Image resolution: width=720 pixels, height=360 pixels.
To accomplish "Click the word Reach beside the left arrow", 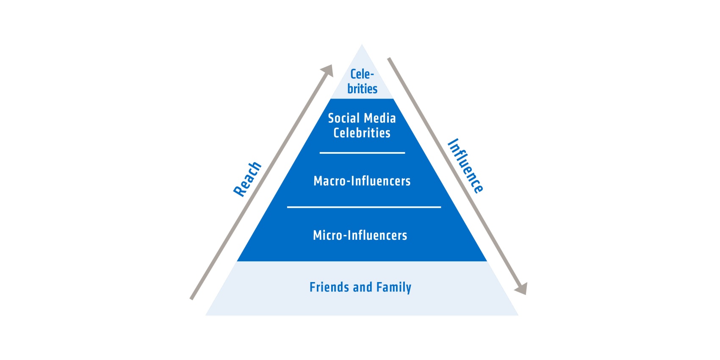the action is [247, 179].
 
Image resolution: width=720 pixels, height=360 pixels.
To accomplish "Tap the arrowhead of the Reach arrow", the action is [327, 70].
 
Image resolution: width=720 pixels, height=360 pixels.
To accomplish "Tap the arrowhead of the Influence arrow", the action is [521, 288].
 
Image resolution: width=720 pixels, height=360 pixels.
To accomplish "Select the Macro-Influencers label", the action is [362, 181].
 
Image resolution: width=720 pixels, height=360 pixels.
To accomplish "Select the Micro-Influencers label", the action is [360, 235].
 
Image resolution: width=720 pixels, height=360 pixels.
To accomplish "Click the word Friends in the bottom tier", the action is [330, 287].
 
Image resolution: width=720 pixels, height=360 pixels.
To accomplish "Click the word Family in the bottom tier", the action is [394, 288].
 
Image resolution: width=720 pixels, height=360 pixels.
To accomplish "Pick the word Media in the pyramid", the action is [380, 118].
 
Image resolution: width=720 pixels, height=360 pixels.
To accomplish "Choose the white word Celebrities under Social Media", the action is [362, 133].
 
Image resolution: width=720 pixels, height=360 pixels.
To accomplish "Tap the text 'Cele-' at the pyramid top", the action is [362, 74].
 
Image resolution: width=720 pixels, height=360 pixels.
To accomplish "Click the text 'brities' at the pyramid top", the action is [362, 89].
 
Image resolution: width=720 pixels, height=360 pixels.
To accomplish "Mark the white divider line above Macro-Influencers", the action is [362, 153].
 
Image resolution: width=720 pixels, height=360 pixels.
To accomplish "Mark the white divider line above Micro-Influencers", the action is [364, 208].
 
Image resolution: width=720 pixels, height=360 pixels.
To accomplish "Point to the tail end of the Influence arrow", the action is [389, 58].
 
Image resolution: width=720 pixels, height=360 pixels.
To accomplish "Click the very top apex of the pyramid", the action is [362, 44].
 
